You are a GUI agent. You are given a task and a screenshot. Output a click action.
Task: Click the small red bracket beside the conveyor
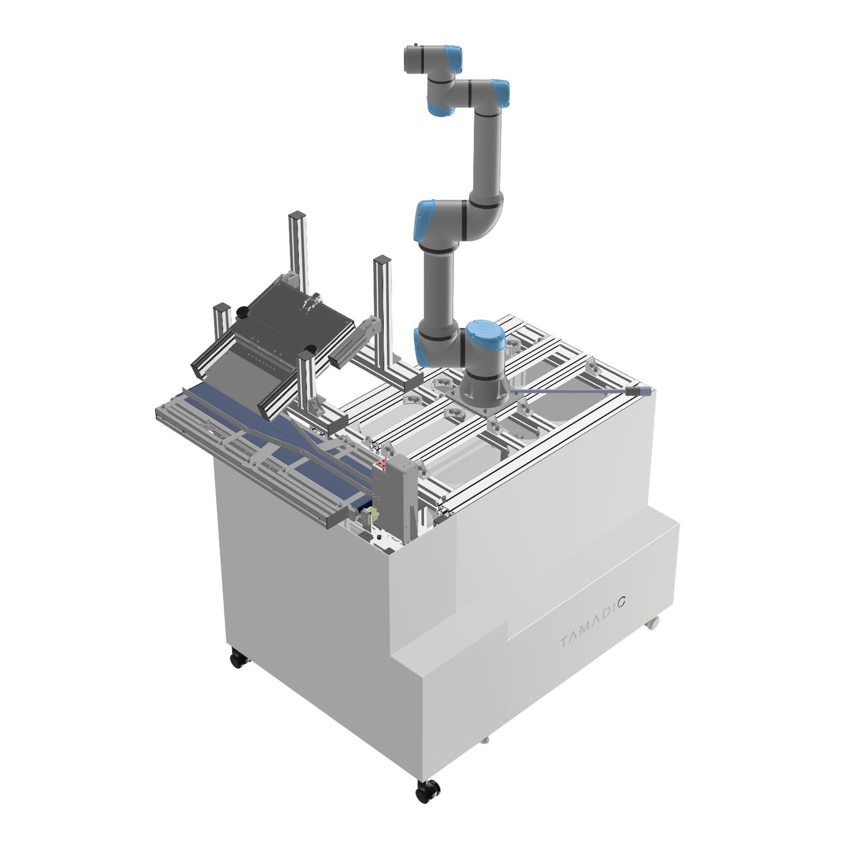(x=381, y=465)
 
